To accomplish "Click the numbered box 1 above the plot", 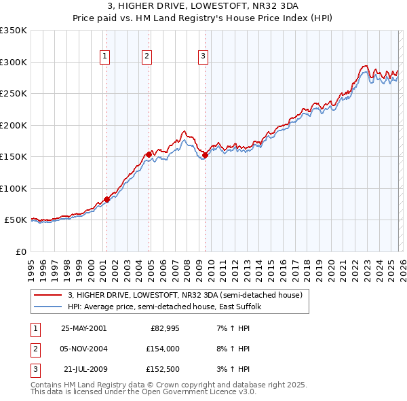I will click(x=106, y=56).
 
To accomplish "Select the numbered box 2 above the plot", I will click(x=147, y=56).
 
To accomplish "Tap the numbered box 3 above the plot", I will click(x=203, y=56).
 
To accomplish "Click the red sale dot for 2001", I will click(x=106, y=199).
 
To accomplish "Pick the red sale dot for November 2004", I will click(x=149, y=154).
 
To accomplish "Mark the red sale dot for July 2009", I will click(x=205, y=156).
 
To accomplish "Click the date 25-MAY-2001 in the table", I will click(x=83, y=328).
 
